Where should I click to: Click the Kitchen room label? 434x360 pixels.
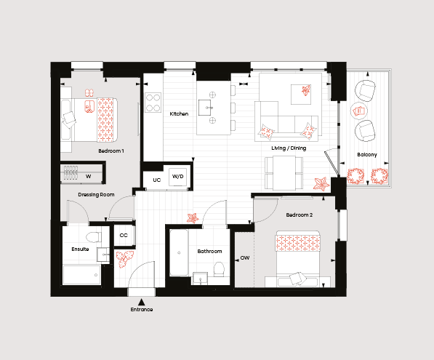coord(179,113)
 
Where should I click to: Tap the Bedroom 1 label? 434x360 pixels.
coord(111,151)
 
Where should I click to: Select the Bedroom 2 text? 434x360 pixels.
coord(300,215)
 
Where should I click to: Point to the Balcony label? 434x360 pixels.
coord(367,154)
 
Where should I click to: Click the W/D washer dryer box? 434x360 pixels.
coord(177,177)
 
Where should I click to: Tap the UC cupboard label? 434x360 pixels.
coord(156,180)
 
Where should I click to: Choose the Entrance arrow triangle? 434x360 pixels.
coord(142,302)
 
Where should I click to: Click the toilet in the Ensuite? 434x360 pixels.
coord(93,237)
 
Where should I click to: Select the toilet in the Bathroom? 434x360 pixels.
coord(220,269)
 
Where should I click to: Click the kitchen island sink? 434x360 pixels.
coord(205,108)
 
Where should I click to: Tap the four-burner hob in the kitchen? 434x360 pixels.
coord(153,103)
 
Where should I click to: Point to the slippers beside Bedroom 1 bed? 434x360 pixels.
coord(89,92)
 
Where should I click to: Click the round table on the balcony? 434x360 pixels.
coord(358,111)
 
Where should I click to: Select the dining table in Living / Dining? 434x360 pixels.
coord(284,173)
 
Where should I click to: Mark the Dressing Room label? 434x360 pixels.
coord(96,195)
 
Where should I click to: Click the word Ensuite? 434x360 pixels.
coord(80,249)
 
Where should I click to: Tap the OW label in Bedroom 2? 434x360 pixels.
coord(245,257)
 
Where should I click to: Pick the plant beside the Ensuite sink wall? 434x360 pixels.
coord(124,259)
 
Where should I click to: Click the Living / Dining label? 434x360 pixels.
coord(289,148)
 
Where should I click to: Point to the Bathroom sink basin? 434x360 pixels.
coord(200,279)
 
